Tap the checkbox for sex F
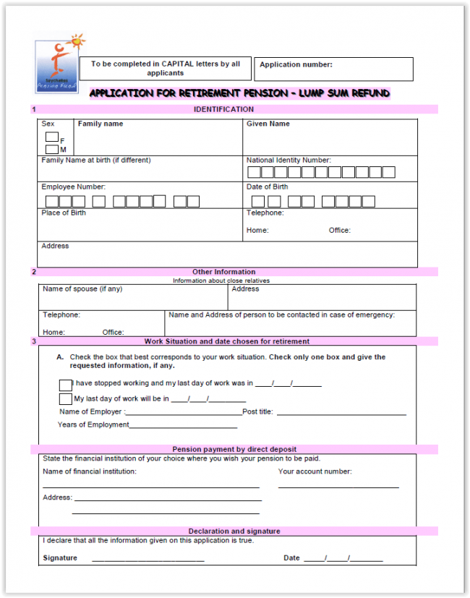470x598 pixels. coord(51,137)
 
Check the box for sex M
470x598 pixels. coord(51,149)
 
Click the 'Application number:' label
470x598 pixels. coord(296,64)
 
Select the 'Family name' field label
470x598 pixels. coord(101,124)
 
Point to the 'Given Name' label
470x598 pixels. coord(268,124)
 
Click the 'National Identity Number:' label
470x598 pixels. coord(288,160)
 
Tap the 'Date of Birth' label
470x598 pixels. coord(267,187)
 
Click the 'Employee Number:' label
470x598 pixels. coord(73,187)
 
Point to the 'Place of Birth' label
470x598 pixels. coord(64,213)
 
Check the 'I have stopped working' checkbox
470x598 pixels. coord(66,385)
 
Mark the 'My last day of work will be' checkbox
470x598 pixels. coord(66,399)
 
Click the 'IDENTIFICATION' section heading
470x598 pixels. coord(223,109)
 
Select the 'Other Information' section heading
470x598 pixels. coord(223,272)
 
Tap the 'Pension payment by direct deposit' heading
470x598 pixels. coord(234,449)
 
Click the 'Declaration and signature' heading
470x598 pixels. coord(234,531)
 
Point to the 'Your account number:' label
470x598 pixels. coord(315,471)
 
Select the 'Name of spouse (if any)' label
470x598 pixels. coord(82,289)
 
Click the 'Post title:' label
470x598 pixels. coord(257,411)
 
